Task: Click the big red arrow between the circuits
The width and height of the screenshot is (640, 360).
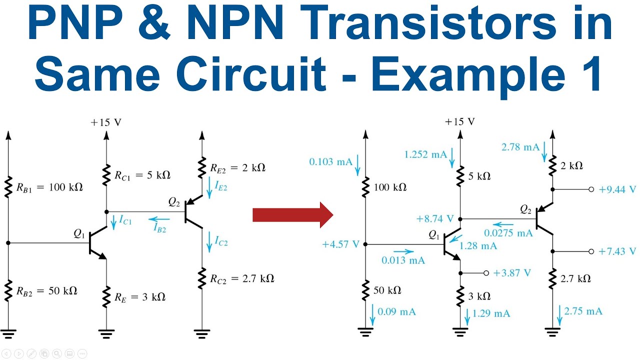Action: [x=292, y=215]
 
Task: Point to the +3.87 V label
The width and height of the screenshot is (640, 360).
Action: [x=512, y=273]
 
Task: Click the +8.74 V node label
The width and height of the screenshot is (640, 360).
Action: [x=434, y=218]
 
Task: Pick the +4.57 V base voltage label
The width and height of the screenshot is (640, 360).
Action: [x=341, y=244]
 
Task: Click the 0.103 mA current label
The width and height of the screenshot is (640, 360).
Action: [x=330, y=162]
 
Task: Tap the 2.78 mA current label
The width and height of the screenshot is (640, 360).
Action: [x=520, y=147]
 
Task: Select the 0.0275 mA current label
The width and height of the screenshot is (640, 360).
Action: [x=508, y=233]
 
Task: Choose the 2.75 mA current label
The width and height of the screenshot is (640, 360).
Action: [x=583, y=311]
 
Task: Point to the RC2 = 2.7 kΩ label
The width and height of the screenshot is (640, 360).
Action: [x=242, y=278]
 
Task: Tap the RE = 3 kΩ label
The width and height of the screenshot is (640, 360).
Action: [x=140, y=297]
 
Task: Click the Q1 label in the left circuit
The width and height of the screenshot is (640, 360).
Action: [x=79, y=233]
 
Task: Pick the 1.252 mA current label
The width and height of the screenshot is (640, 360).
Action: [x=425, y=154]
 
